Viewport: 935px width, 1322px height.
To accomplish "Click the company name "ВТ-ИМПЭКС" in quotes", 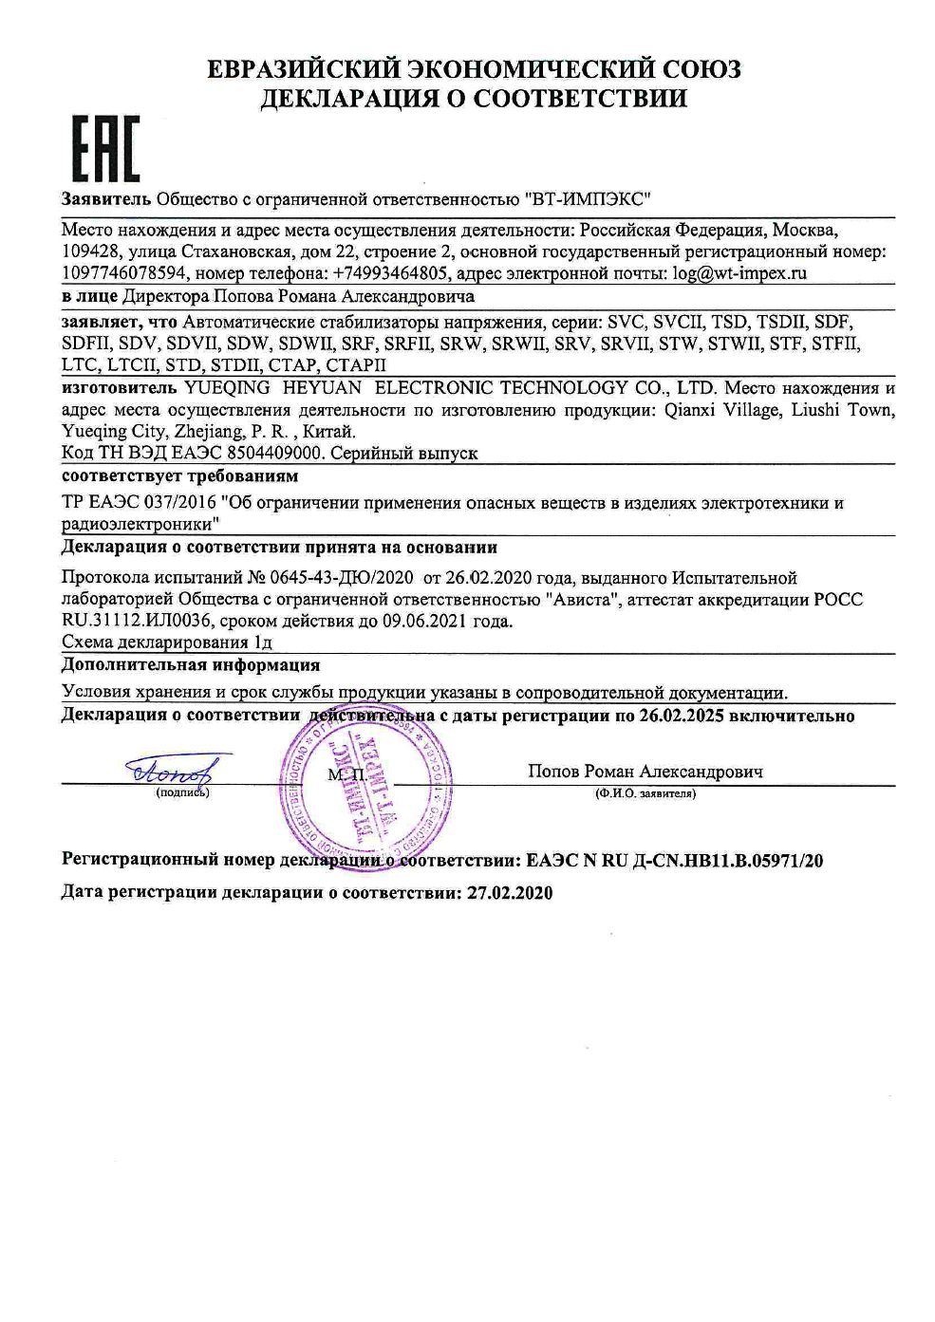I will pos(589,199).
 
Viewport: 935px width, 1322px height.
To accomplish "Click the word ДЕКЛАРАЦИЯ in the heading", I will pos(347,99).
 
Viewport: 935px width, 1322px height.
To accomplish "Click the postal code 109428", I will pos(88,251).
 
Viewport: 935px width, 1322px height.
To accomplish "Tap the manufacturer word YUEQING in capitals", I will pos(225,387).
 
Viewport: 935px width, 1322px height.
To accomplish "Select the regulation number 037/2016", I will pos(178,503).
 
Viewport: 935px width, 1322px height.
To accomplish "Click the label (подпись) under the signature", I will pos(182,791).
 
